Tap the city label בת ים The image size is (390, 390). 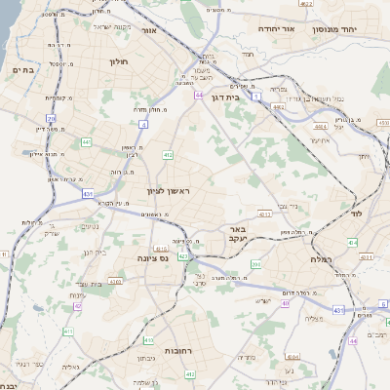point(22,69)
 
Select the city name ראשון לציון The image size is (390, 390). point(166,190)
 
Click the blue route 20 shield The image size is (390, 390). point(49,119)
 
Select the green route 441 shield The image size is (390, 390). point(87,142)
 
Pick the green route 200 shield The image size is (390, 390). point(256,263)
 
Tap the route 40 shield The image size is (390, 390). point(286,303)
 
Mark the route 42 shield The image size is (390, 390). point(77,305)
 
